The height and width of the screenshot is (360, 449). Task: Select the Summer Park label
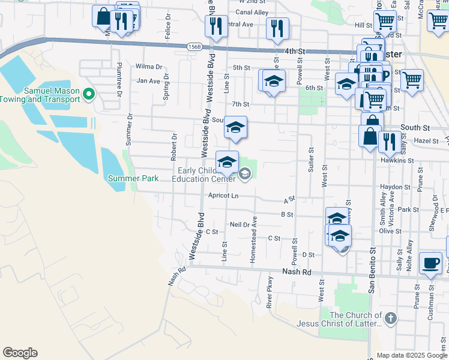point(133,178)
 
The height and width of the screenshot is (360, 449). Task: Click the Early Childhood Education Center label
point(204,175)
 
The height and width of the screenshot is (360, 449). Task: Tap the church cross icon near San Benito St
point(390,318)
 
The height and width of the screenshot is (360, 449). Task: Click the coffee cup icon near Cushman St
point(430,263)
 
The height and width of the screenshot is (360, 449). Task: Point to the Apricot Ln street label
point(223,196)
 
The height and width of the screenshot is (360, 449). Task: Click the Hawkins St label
point(397,161)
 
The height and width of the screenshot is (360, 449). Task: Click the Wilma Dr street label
point(149,67)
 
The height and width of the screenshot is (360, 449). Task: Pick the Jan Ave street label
point(148,80)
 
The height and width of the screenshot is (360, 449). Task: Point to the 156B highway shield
point(194,46)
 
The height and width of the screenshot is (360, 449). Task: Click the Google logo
point(20,353)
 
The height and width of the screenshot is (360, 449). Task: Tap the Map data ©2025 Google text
point(411,355)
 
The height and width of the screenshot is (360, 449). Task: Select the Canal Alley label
point(252,12)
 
